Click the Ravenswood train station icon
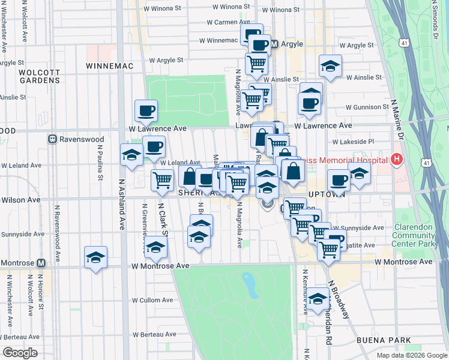pyautogui.click(x=53, y=139)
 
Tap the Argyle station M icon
pyautogui.click(x=274, y=44)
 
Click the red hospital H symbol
pyautogui.click(x=396, y=159)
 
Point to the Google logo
pyautogui.click(x=20, y=353)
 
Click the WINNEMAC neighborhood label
pyautogui.click(x=105, y=65)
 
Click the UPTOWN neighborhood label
pyautogui.click(x=325, y=195)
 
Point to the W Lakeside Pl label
pyautogui.click(x=354, y=142)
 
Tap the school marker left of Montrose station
pyautogui.click(x=96, y=258)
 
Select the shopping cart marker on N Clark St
pyautogui.click(x=162, y=179)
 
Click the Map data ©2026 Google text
pyautogui.click(x=411, y=355)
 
